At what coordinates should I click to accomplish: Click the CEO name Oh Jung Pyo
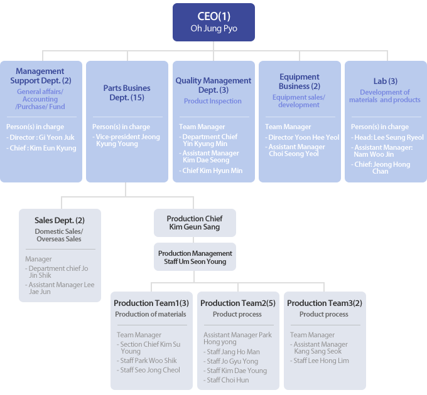213,29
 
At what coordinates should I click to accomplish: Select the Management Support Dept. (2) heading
41,76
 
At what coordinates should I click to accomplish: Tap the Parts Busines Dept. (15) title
127,93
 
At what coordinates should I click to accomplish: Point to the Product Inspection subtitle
212,101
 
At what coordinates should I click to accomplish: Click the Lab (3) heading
386,82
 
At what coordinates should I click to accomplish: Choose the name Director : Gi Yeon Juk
40,137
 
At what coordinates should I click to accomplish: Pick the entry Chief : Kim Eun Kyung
41,148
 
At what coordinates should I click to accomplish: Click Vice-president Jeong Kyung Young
126,140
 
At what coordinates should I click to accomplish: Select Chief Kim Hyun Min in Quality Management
211,171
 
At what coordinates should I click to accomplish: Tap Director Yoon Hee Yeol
302,137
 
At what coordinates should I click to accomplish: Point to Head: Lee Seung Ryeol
387,137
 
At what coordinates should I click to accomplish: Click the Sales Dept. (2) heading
60,221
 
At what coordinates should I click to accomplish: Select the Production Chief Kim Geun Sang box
195,223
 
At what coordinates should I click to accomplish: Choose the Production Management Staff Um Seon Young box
195,257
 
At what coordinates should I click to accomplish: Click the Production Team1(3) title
151,303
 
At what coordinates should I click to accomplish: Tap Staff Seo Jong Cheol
148,371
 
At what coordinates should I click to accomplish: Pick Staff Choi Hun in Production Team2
226,381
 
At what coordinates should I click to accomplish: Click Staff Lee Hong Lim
320,361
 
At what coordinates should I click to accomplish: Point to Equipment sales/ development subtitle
299,101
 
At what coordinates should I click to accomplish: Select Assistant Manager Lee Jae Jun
60,288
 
